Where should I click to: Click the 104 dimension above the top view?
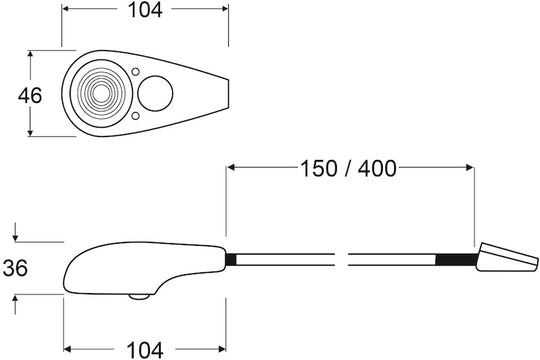tap(145, 10)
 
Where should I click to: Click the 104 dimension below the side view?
tap(145, 350)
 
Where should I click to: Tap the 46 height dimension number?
tap(30, 95)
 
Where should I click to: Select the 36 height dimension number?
tap(15, 268)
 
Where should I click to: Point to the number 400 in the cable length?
tap(377, 169)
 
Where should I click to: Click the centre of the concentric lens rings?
tap(101, 93)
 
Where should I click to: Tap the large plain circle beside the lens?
tap(155, 94)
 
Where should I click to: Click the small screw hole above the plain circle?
tap(136, 72)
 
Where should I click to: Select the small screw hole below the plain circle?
tap(136, 116)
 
